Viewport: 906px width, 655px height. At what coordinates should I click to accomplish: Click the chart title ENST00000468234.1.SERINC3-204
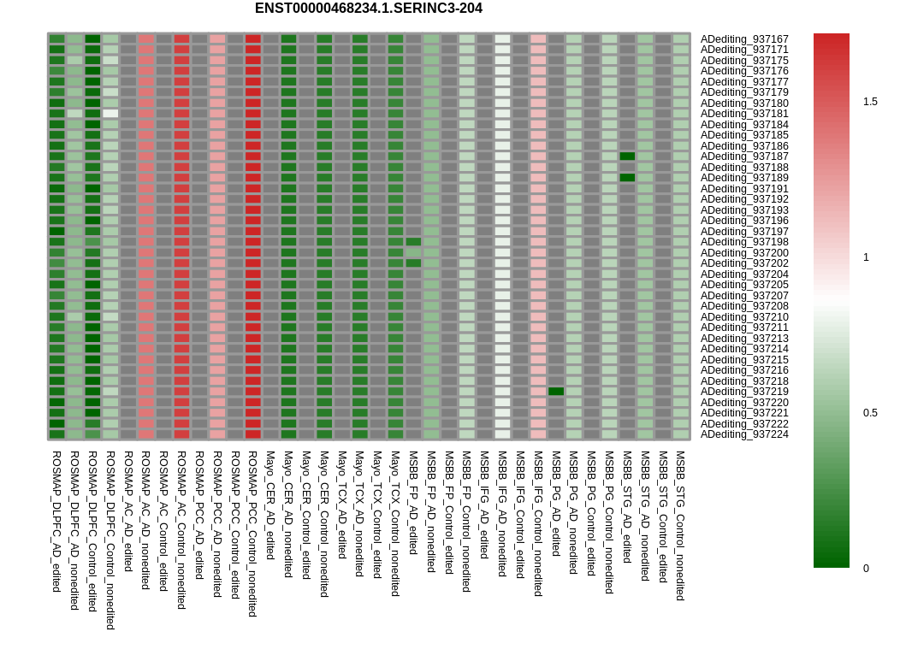(368, 9)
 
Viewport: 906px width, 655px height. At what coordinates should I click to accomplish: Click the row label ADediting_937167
(744, 39)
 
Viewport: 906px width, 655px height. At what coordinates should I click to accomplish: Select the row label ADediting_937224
(744, 434)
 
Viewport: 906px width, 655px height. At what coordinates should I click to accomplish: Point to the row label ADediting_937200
(744, 253)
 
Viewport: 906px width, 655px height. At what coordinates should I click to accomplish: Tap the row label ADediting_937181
(744, 114)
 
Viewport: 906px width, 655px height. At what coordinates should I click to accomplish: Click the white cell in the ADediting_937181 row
(110, 114)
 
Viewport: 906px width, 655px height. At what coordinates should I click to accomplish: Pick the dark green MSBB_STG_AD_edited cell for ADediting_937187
(627, 156)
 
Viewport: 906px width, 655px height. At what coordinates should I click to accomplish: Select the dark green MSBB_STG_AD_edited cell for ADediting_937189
(627, 178)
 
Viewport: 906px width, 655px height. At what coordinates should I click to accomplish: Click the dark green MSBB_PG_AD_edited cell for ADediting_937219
(556, 392)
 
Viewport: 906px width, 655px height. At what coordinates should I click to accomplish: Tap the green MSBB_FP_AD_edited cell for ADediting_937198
(413, 242)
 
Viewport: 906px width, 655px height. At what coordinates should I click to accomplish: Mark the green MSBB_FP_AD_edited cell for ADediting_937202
(413, 263)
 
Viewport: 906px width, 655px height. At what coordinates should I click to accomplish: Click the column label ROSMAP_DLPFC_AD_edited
(56, 522)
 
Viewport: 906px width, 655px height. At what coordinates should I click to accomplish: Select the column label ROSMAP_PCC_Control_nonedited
(252, 534)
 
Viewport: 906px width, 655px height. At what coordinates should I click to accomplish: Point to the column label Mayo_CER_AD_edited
(270, 505)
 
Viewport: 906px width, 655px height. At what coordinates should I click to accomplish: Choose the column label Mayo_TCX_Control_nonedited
(395, 524)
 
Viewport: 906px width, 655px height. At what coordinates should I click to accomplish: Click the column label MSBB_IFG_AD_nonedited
(502, 514)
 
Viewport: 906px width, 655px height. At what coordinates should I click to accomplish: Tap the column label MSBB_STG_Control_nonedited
(681, 526)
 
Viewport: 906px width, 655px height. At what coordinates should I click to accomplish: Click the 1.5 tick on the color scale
(869, 102)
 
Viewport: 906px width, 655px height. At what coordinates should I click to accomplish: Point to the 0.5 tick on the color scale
(869, 413)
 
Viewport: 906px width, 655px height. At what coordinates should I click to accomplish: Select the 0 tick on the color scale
(866, 569)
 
